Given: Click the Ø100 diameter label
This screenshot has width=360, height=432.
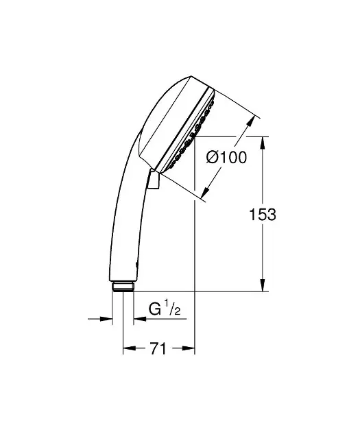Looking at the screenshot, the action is click(226, 158).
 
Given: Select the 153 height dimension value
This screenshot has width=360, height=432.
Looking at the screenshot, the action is click(262, 215).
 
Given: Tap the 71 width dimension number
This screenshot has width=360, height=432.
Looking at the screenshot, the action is click(158, 348).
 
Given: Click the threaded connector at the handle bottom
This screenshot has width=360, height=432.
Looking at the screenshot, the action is click(123, 287).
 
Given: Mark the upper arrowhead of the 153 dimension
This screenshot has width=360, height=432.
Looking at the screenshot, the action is click(263, 143).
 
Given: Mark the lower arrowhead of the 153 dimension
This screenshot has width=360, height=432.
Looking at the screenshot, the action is click(263, 285).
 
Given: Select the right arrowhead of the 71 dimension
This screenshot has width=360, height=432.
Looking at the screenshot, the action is click(188, 348).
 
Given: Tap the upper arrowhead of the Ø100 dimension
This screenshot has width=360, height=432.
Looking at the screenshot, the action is click(250, 121).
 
